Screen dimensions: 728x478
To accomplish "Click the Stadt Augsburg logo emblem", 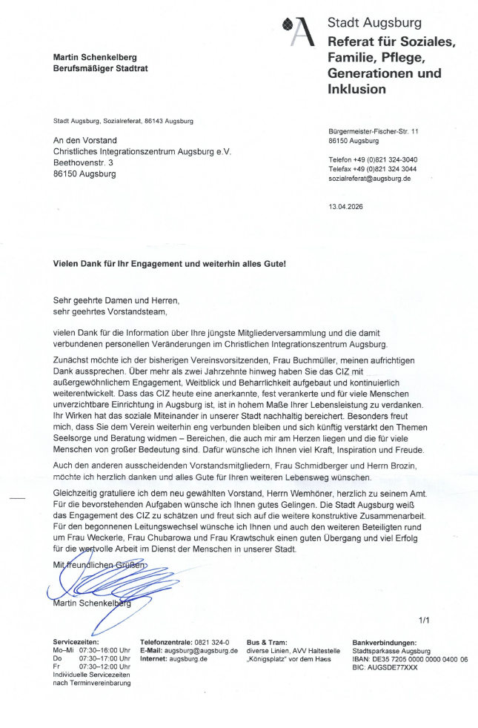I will pos(299,30).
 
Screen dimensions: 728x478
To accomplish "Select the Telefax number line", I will pos(372,169).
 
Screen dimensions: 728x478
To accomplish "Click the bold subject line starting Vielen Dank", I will pos(169,264).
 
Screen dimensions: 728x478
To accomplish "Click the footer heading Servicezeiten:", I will pos(76,642).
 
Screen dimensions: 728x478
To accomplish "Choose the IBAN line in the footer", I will pos(410,658).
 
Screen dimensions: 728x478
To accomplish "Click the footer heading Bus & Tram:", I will pos(267,642).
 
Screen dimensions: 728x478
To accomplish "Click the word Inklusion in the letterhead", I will pos(356,90).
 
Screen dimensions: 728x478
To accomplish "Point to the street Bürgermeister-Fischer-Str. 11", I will pos(374,131).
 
